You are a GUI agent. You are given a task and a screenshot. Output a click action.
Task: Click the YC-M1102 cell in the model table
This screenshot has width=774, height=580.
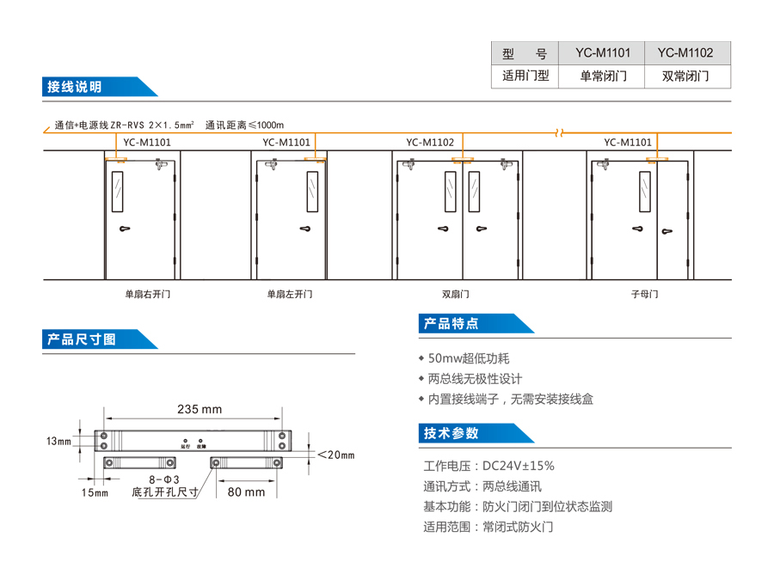tap(685, 52)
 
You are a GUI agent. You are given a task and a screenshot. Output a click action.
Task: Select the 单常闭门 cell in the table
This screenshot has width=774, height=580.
tap(603, 76)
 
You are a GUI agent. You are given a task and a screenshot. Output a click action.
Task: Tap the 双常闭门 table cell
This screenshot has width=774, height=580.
tap(685, 76)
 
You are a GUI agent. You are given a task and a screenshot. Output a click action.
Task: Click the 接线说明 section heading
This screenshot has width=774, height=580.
tap(76, 87)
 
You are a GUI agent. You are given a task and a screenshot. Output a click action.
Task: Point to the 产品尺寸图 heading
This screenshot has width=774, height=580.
tap(83, 339)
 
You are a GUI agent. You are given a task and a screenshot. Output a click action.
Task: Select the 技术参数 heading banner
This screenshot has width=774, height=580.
tap(451, 433)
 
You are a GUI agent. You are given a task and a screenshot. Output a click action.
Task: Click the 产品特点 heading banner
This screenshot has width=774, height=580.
tap(451, 324)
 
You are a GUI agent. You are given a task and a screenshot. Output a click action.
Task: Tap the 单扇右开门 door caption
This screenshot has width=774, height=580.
tap(148, 294)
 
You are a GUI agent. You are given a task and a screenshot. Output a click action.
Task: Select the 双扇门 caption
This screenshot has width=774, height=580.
tap(456, 294)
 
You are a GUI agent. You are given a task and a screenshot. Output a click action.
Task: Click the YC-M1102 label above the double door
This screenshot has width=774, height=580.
tap(430, 143)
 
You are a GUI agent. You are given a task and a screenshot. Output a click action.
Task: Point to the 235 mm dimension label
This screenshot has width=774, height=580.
tap(200, 409)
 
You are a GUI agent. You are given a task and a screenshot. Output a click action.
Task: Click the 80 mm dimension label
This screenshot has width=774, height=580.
tap(246, 492)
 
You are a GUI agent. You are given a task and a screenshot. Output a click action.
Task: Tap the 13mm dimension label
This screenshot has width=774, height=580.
tap(58, 441)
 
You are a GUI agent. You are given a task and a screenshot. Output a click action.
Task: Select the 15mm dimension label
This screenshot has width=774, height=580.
tap(95, 492)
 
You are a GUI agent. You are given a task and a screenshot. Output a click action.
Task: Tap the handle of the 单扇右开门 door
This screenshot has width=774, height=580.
tap(126, 229)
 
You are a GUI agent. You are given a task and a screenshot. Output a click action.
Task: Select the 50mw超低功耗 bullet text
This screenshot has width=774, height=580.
tap(469, 358)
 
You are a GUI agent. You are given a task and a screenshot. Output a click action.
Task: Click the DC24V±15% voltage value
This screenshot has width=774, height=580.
tap(519, 466)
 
